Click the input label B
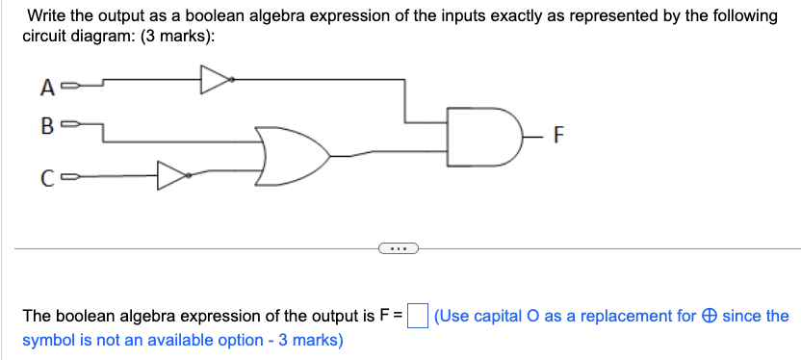point(45,125)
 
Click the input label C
point(46,177)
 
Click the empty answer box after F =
point(417,316)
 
